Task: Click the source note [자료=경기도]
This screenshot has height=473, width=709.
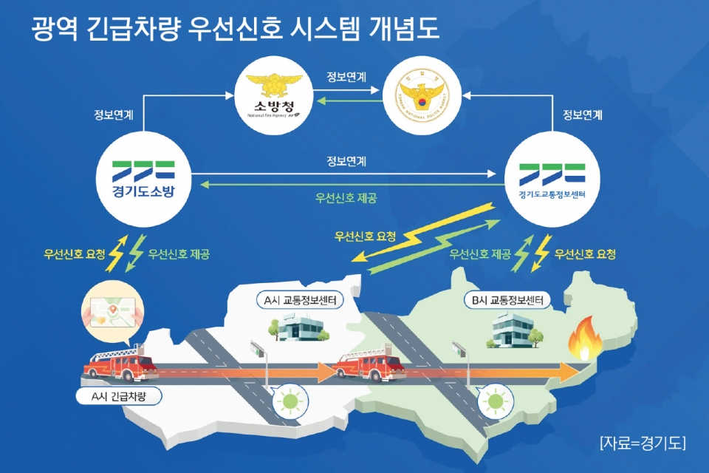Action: pyautogui.click(x=642, y=443)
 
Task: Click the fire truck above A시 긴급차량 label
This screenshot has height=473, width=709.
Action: pyautogui.click(x=120, y=365)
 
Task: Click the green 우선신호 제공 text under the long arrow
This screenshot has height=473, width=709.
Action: pyautogui.click(x=346, y=198)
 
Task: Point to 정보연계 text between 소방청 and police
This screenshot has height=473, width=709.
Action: pyautogui.click(x=346, y=76)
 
